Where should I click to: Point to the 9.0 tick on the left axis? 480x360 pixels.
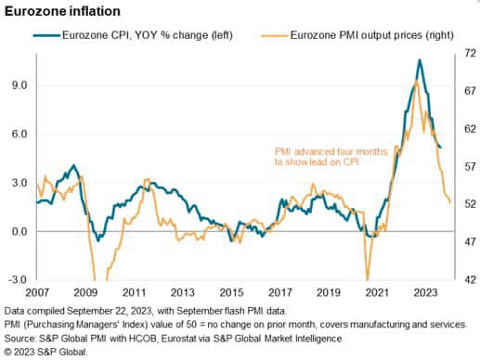pos(19,84)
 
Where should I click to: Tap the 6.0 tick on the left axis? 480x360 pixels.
pos(19,134)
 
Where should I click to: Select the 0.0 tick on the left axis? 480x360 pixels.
pos(19,231)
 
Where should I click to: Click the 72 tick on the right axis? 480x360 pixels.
pos(468,55)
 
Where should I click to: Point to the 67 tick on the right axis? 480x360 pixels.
pos(468,92)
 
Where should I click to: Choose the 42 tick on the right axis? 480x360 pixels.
pos(468,279)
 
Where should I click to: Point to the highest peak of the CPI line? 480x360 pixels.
pos(420,60)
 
